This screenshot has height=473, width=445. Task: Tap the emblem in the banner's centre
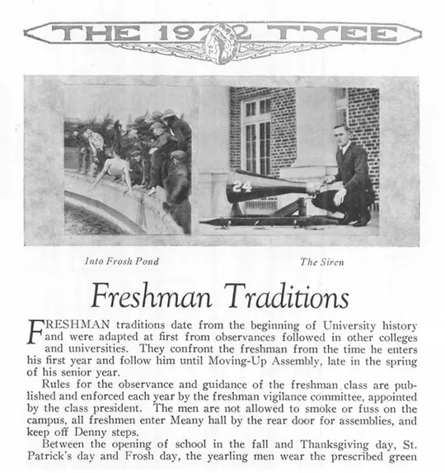click(222, 35)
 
